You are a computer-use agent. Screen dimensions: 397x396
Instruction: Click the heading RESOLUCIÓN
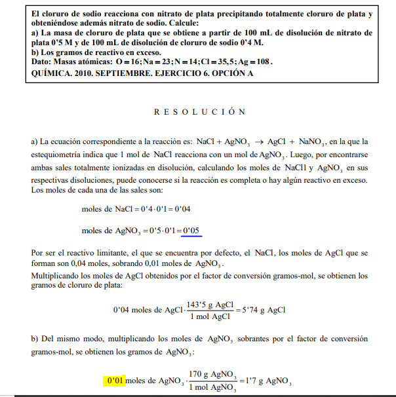point(200,112)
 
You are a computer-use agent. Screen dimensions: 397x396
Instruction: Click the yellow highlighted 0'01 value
point(114,380)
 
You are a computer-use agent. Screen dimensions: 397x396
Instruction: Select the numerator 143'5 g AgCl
point(210,304)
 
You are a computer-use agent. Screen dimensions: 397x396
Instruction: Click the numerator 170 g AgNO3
point(212,374)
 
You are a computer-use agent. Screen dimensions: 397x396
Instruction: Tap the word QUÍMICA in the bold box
point(51,73)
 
